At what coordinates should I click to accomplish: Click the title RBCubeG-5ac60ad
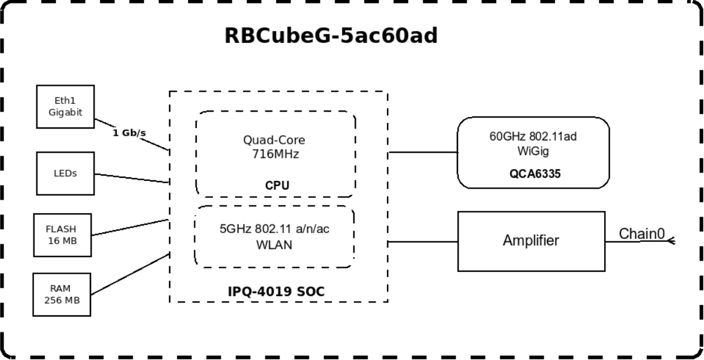tap(331, 36)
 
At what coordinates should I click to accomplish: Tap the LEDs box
tap(65, 173)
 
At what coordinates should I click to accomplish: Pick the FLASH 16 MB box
tap(63, 235)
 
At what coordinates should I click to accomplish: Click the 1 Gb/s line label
tap(129, 133)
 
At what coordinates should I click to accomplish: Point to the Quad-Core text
tap(274, 140)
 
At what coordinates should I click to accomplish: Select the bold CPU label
tap(277, 186)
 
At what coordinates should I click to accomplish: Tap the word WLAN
tap(274, 245)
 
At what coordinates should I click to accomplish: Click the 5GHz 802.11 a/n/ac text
tap(274, 229)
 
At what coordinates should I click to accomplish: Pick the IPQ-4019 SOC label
tap(276, 291)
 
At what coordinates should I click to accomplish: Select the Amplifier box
tap(531, 241)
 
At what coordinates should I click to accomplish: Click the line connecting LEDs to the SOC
tap(132, 179)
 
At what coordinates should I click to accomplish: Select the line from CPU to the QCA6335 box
tap(423, 152)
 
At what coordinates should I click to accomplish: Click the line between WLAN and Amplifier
tap(423, 241)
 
